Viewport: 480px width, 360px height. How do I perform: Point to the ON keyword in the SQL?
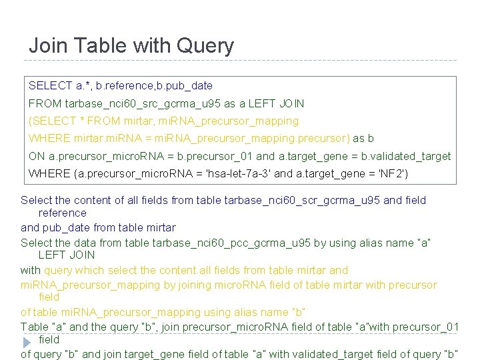(37, 156)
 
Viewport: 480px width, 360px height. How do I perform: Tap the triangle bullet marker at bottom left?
(27, 341)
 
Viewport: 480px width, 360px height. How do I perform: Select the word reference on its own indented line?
(63, 213)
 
